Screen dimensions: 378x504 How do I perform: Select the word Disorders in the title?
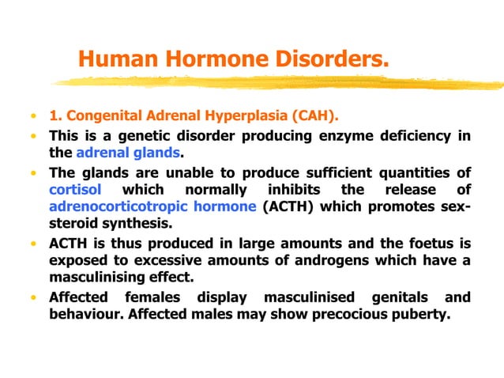[x=332, y=59]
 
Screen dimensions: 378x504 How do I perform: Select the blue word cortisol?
[x=74, y=191]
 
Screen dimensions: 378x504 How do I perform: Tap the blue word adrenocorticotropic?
[x=126, y=207]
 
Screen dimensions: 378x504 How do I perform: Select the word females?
[x=151, y=298]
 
